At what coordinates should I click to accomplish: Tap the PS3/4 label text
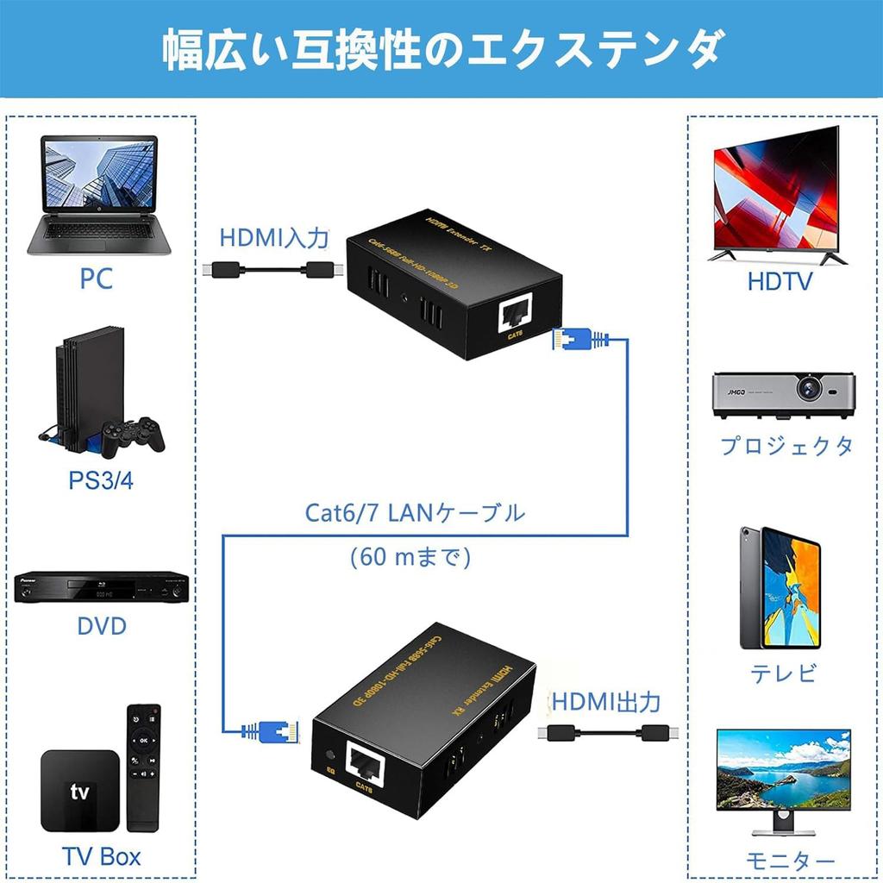pos(101,480)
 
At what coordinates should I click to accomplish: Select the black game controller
pos(132,436)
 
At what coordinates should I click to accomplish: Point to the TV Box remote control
pos(143,767)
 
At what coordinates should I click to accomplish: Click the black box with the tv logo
pos(80,791)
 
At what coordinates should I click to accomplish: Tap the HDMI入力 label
pos(274,236)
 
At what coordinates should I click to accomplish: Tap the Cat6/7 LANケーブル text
pos(415,514)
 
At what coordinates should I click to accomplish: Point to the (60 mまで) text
pos(410,557)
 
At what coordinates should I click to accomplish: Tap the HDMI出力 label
pos(606,702)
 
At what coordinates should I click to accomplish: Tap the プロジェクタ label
pos(786,446)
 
